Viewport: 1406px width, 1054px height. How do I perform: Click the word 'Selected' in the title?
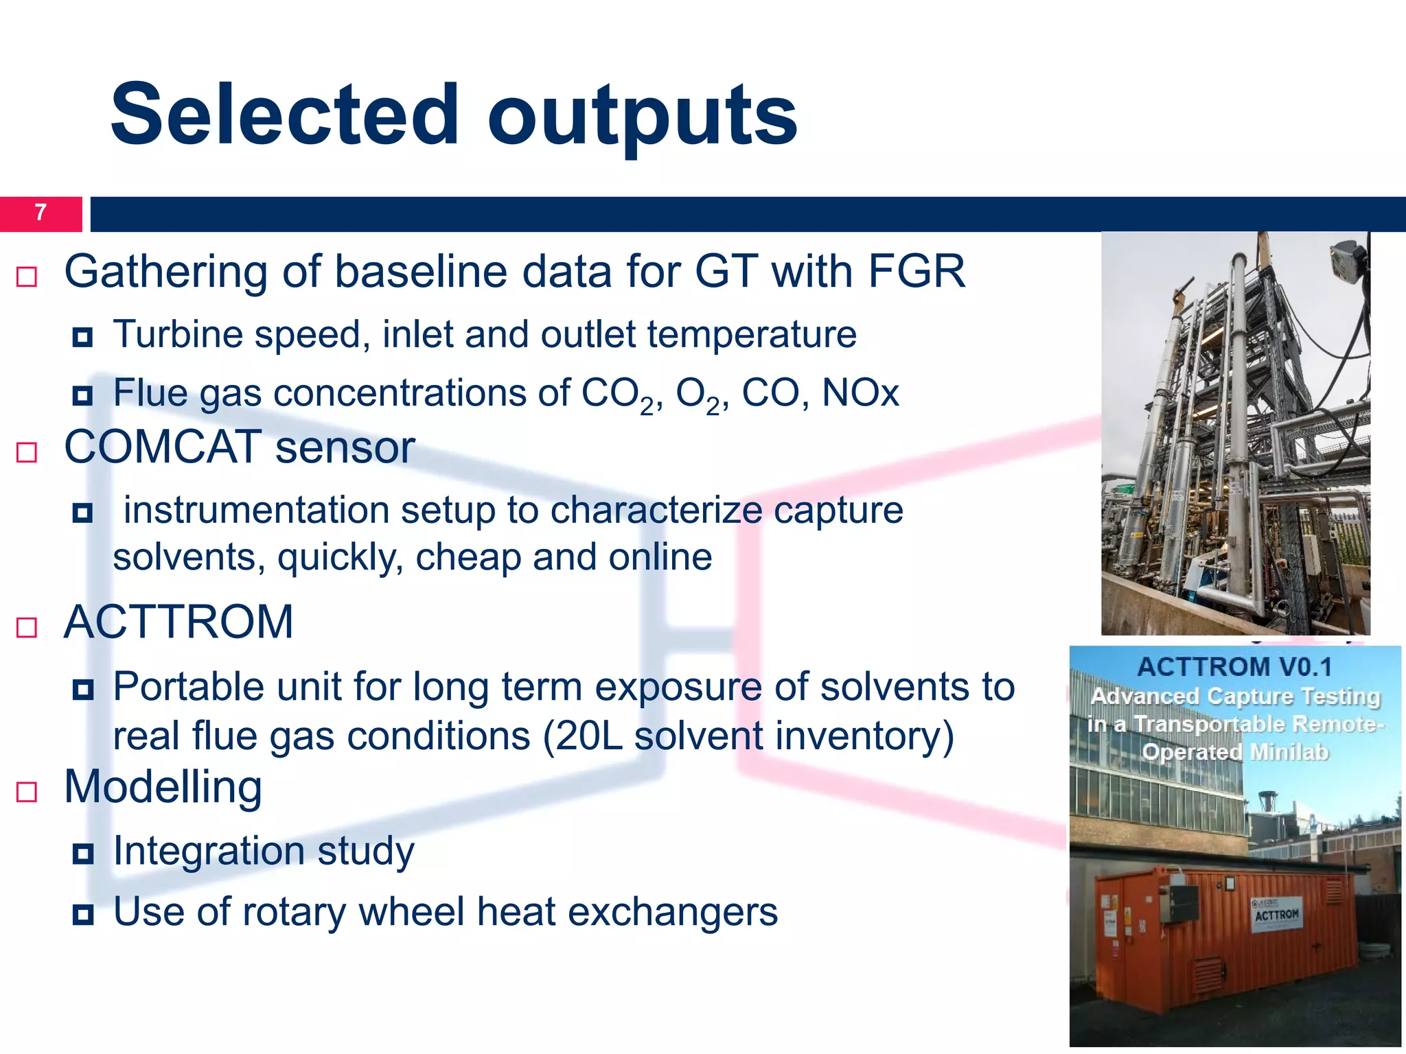[x=284, y=115]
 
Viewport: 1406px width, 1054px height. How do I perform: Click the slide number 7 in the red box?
[x=41, y=213]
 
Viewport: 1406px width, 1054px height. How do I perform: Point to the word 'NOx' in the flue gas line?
[x=860, y=394]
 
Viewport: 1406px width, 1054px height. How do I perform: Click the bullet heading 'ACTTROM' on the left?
[x=178, y=622]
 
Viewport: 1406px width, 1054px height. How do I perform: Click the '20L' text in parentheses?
[x=588, y=736]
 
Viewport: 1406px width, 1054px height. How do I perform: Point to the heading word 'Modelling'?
[x=163, y=787]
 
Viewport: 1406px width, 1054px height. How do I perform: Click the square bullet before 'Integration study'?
[x=83, y=854]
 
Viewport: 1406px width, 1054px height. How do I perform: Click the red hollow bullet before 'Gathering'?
[x=27, y=277]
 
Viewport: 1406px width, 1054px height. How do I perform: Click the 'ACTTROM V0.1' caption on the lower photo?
[x=1234, y=667]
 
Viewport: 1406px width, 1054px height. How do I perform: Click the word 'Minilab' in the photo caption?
[x=1289, y=753]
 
